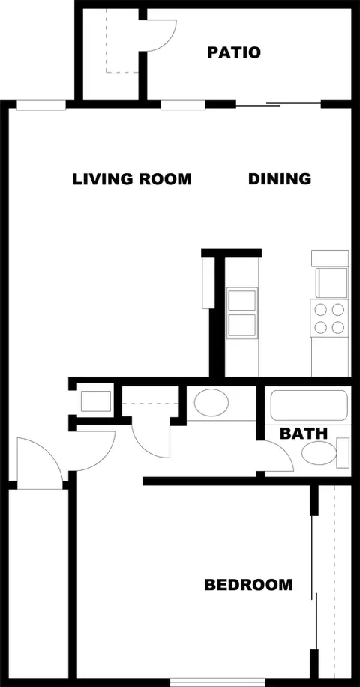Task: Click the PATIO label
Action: pos(234,53)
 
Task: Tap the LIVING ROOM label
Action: pos(132,179)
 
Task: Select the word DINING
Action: pos(280,178)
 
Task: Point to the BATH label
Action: pos(304,433)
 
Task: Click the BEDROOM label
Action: pos(248,585)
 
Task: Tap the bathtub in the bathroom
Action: pos(309,405)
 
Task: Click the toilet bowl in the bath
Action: pos(319,453)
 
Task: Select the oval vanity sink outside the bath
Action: pos(211,402)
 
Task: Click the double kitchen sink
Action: pos(241,312)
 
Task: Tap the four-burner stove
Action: pos(329,318)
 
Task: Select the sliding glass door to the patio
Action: pos(278,104)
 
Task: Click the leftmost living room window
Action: pos(41,105)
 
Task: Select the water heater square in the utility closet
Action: pos(96,401)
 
